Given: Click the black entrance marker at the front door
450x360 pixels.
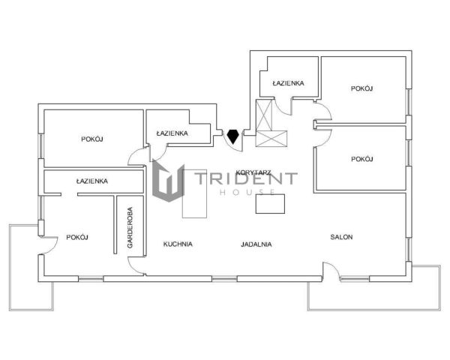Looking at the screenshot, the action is pos(232,137).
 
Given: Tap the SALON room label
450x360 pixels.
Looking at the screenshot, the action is pos(341,237).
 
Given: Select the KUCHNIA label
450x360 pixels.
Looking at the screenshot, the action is pos(178,244).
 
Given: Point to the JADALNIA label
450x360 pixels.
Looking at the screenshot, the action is pos(256,244).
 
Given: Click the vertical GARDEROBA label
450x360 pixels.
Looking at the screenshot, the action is pos(130,228).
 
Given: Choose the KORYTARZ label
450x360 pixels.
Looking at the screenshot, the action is pos(253,172).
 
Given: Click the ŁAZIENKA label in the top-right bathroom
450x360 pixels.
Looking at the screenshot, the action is pos(288,83).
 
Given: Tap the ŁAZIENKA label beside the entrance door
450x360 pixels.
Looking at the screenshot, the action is pos(172,133).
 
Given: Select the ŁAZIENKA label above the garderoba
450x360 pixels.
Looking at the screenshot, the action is pos(92,181).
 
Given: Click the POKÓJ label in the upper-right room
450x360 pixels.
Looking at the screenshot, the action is pos(362,88).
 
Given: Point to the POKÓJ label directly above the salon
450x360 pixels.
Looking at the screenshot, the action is pos(362,159).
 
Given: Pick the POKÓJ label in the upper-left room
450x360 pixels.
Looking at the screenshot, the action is pos(92,139).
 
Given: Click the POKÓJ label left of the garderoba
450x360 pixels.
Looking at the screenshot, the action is pos(77,238).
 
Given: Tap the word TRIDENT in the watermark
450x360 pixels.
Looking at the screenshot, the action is pos(246,178).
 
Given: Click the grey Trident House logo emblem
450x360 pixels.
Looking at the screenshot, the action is pos(168,180).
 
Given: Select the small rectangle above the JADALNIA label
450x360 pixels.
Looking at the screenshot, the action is pos(270,204).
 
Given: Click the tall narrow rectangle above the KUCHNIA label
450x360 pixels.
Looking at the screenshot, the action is pos(194,193).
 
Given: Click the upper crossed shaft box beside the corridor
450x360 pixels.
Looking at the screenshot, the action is pos(264,115).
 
